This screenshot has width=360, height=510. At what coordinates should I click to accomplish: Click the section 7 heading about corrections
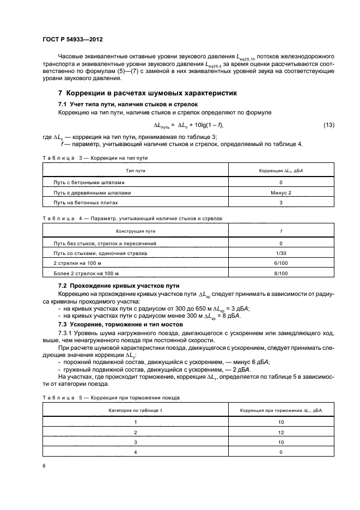pos(148,93)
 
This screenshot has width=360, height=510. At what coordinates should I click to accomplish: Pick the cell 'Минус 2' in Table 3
pos(280,193)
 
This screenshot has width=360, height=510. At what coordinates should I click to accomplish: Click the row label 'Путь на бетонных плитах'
pos(82,202)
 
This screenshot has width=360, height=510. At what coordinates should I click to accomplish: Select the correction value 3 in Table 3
pos(280,202)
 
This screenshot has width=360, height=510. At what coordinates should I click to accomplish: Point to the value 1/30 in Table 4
pos(280,253)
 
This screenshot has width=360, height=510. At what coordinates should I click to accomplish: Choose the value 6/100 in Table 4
pos(280,263)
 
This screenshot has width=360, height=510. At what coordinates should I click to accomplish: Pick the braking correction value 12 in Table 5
pos(280,432)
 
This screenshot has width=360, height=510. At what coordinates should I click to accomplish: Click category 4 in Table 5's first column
pos(136,452)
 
